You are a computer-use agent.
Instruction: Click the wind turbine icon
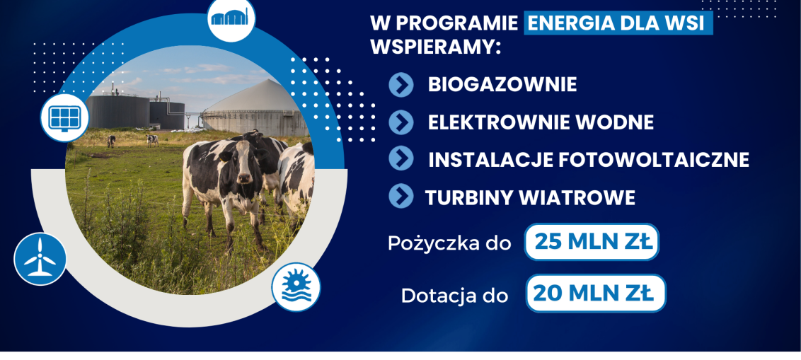[40, 259]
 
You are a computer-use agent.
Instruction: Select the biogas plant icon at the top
[231, 18]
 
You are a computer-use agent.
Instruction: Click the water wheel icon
[296, 287]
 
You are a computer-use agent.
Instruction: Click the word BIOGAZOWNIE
[502, 85]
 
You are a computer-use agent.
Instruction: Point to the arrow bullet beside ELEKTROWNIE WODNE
[401, 122]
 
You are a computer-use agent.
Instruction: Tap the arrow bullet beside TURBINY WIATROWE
[401, 196]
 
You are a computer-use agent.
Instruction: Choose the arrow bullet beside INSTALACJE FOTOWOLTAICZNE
[401, 158]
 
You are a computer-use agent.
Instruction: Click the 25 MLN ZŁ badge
[592, 242]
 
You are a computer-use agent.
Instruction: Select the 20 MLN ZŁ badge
[596, 293]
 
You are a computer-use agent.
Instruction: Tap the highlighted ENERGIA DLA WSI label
[618, 23]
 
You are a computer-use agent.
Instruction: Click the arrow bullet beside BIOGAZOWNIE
[401, 85]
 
